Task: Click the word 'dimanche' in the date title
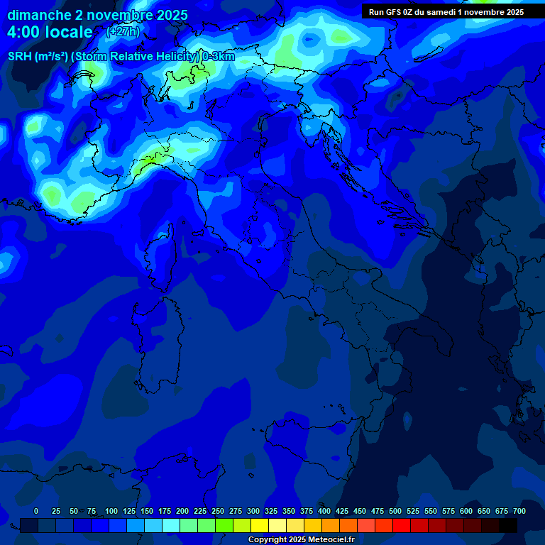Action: tap(39, 15)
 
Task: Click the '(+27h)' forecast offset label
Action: tap(122, 31)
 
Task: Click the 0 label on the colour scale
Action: tap(36, 511)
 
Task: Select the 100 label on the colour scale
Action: tap(111, 511)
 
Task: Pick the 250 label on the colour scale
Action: tap(218, 511)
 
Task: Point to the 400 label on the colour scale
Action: tap(324, 511)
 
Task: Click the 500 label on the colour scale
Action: tap(395, 511)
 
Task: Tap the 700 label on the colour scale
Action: tap(519, 511)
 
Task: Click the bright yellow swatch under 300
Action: tap(260, 525)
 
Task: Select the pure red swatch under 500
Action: tap(402, 525)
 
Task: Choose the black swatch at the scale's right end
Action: tap(508, 525)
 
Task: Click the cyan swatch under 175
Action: tap(171, 525)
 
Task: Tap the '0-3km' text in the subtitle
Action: tap(219, 57)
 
